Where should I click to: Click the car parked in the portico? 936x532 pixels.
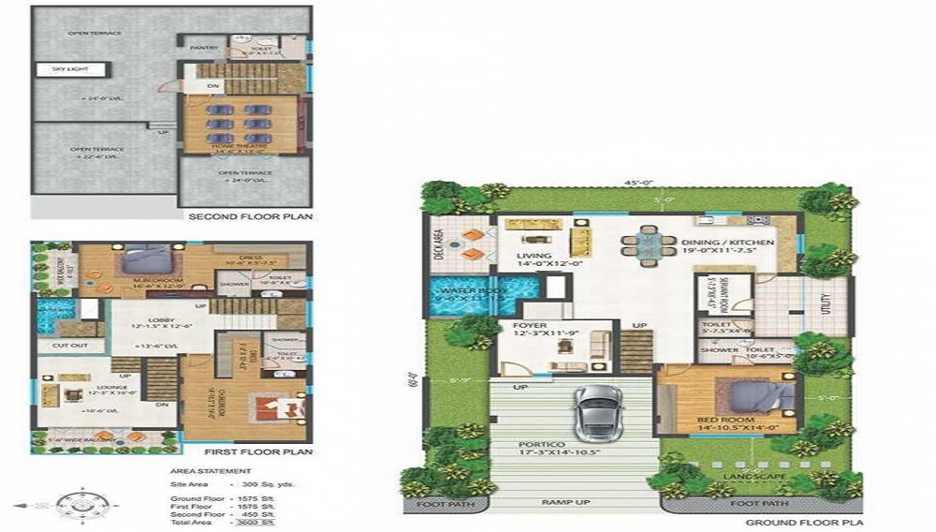pyautogui.click(x=594, y=411)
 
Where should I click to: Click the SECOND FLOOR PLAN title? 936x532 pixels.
pyautogui.click(x=250, y=216)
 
